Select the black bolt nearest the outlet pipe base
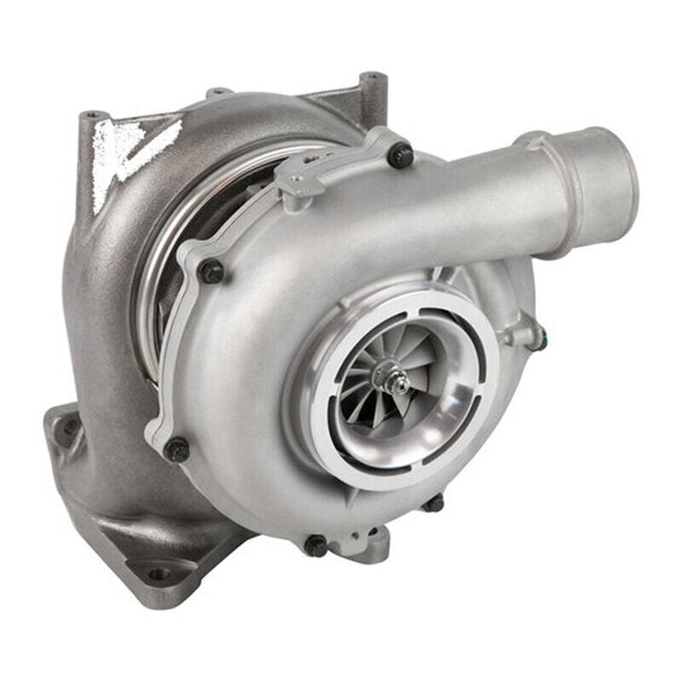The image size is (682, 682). point(400,155)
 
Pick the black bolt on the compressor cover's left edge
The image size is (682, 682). point(211,271)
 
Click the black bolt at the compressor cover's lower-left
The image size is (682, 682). point(177,449)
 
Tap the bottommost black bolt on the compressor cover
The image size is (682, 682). point(316,546)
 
